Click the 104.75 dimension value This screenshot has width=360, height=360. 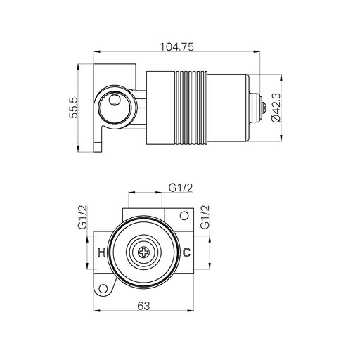(x=177, y=47)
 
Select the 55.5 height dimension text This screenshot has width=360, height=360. (x=74, y=108)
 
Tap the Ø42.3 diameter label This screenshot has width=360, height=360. (x=276, y=108)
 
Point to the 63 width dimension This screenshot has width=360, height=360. (x=143, y=306)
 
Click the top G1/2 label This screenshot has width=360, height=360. (x=181, y=188)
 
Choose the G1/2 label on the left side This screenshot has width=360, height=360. (x=82, y=217)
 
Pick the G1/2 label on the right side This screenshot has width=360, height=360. (x=205, y=217)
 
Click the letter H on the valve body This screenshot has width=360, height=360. (x=101, y=252)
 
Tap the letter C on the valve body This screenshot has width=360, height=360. (x=186, y=252)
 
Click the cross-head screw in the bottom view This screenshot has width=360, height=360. (x=143, y=252)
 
